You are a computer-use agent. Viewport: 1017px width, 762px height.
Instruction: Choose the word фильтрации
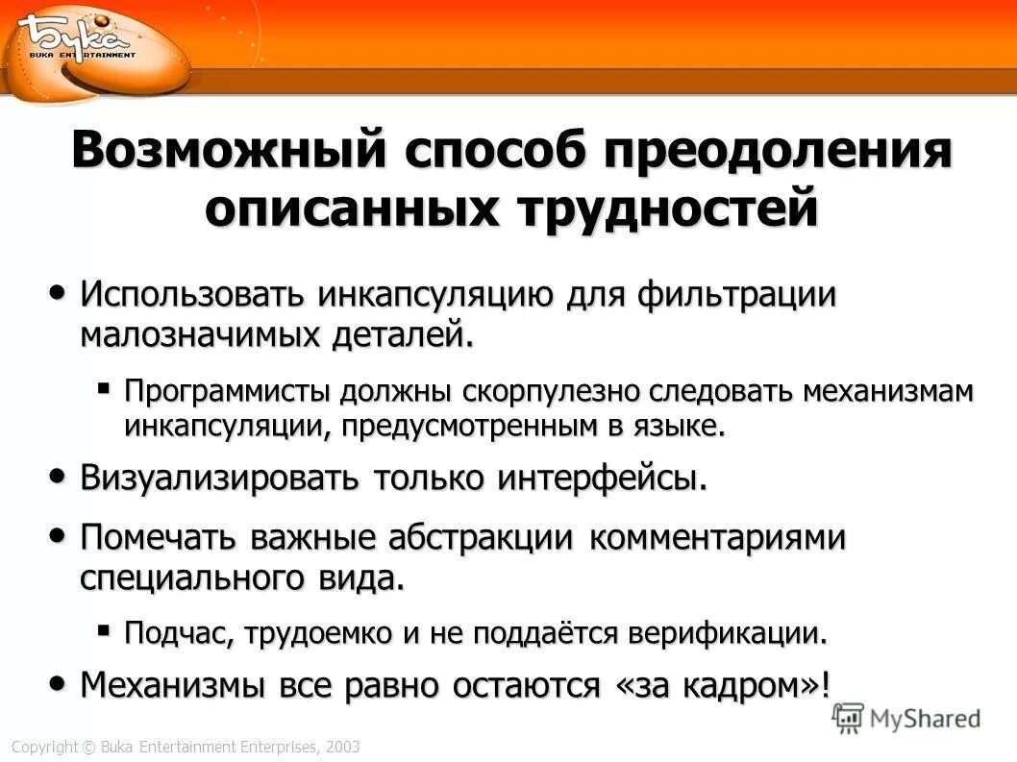(x=735, y=293)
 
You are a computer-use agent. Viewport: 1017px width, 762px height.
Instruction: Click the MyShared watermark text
(x=924, y=717)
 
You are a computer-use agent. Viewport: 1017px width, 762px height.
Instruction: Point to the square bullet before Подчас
(x=104, y=630)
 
